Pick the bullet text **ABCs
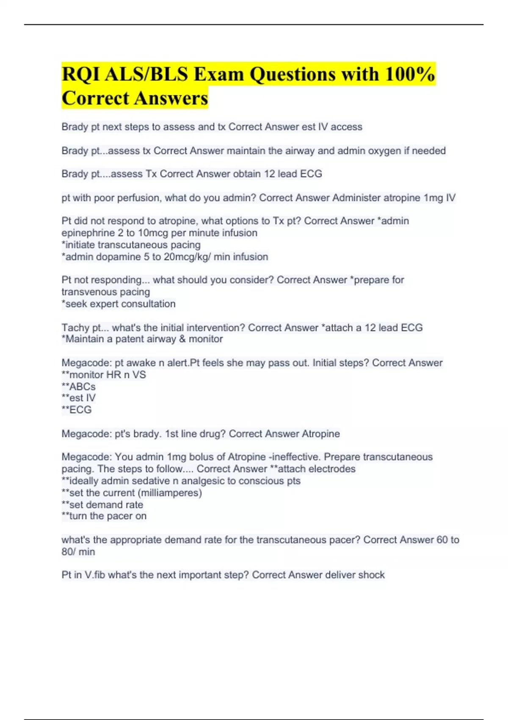[79, 387]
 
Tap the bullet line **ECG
[77, 410]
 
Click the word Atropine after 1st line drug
[320, 434]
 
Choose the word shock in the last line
[371, 575]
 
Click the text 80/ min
[78, 552]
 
